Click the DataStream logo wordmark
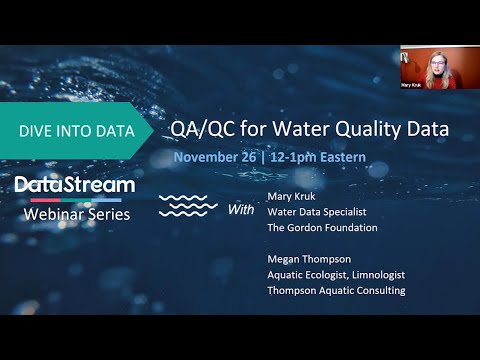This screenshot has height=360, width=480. coord(75,185)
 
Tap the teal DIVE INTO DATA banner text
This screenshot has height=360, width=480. coord(77,131)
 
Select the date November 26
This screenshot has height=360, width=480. coord(215,157)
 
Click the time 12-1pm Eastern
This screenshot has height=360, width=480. coord(318,157)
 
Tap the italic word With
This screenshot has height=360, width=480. coord(241,210)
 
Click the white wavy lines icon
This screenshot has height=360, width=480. coord(188,206)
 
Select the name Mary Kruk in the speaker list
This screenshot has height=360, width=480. coord(291,197)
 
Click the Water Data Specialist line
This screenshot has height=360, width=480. coord(317,212)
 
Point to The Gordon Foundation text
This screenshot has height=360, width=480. coord(322,228)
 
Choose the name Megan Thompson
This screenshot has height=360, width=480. coord(309,259)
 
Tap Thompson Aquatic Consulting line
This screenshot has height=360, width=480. coord(336,291)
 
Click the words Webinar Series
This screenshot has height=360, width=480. coord(77,214)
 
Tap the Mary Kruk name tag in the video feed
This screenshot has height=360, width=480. coord(411,85)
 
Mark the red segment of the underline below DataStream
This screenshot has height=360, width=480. coord(45,200)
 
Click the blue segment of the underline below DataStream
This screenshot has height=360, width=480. coord(106,200)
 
